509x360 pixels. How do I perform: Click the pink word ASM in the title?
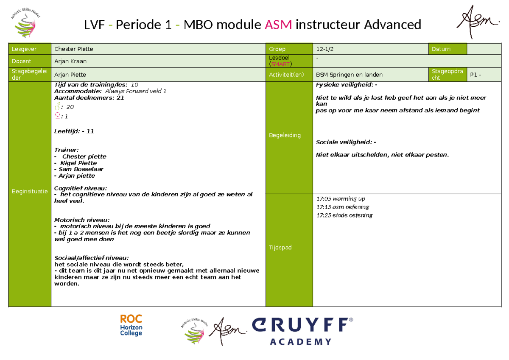click(278, 25)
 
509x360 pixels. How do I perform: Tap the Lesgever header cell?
click(30, 49)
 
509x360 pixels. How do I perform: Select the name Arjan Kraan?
click(70, 61)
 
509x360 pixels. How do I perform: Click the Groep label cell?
click(289, 49)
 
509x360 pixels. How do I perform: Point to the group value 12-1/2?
click(325, 49)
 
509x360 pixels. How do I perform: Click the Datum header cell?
click(447, 49)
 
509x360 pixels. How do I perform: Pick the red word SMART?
click(280, 64)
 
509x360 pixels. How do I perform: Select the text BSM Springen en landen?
click(349, 75)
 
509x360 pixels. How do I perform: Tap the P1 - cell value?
click(475, 75)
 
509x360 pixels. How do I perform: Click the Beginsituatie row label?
click(30, 191)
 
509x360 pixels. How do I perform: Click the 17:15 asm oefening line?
click(343, 207)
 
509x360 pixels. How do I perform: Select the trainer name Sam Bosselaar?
click(81, 169)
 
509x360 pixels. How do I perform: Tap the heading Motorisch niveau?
click(82, 220)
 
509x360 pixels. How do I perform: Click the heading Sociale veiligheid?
click(344, 142)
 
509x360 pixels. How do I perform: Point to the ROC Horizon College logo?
click(131, 325)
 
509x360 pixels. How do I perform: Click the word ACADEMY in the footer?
click(301, 342)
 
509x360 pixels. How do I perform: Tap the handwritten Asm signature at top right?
click(477, 22)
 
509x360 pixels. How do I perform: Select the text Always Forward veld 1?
click(136, 91)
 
